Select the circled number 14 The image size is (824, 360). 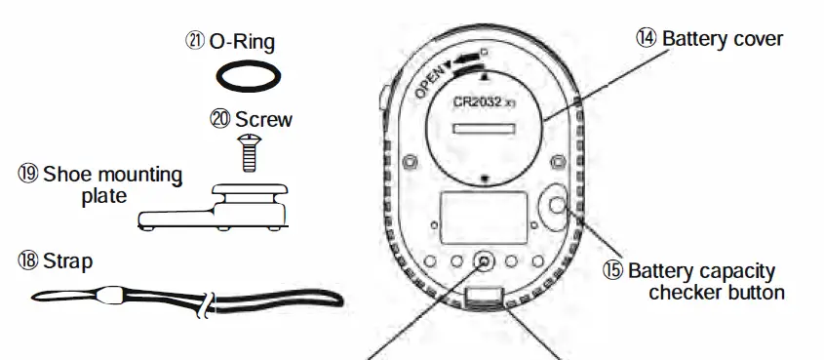[647, 38]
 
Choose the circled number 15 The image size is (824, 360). [611, 270]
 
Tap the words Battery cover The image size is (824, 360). [723, 38]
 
